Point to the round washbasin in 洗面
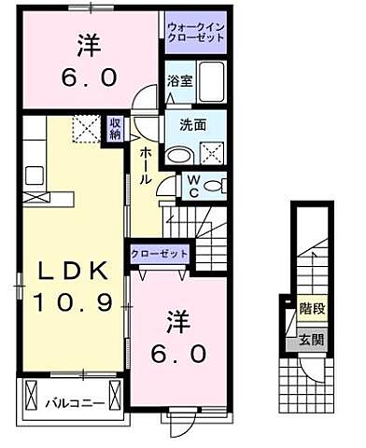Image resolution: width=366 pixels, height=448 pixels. point(177,155)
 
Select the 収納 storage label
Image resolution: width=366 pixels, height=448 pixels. point(115,128)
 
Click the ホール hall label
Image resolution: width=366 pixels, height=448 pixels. point(147,163)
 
